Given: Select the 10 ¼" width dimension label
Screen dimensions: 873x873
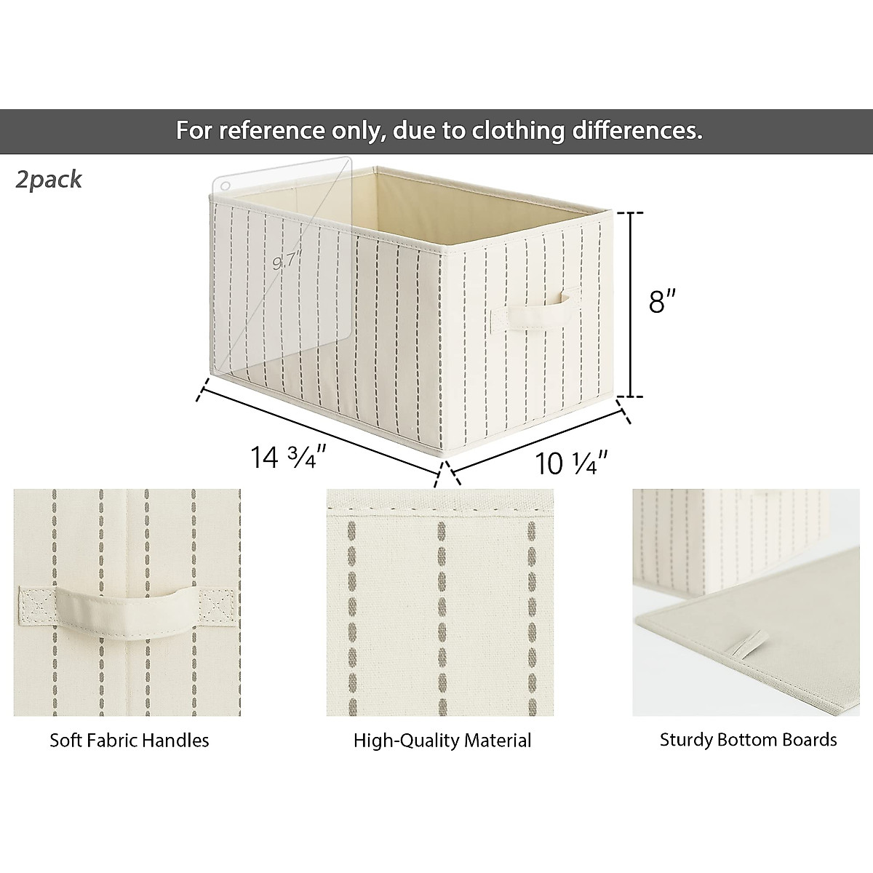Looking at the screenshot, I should [x=570, y=462].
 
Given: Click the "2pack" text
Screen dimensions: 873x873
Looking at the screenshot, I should [x=49, y=180].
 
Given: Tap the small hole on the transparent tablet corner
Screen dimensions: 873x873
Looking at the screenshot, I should [x=224, y=187].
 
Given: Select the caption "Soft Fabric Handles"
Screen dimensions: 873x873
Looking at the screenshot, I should [x=129, y=741].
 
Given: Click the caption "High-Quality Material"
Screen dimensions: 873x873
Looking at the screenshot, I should [x=442, y=741].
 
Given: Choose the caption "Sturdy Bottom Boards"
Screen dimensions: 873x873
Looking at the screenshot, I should [x=747, y=740].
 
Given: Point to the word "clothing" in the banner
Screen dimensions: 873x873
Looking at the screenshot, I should [x=521, y=131].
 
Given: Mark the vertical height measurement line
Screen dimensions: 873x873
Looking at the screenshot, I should [x=631, y=304].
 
